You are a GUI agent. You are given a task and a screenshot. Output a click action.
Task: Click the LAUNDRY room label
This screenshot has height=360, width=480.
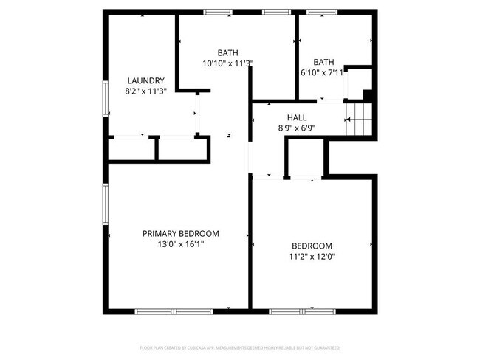145,81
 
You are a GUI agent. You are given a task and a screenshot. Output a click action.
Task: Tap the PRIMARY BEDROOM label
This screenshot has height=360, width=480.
180,233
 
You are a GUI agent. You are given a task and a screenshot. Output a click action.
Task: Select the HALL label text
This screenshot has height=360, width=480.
297,117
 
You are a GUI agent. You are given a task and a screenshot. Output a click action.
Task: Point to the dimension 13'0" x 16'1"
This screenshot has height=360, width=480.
180,243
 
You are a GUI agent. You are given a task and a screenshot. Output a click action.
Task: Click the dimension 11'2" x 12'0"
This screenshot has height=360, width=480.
312,256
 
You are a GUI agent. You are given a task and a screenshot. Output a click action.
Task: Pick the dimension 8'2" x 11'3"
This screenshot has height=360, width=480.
145,91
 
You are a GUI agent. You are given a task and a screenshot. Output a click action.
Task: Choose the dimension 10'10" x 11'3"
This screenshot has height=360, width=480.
227,63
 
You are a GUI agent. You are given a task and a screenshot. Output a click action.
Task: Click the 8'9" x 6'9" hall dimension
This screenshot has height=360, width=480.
297,128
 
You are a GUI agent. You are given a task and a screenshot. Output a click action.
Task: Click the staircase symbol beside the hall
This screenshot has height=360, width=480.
360,119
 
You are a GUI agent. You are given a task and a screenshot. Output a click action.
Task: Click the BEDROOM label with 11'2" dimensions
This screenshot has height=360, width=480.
312,246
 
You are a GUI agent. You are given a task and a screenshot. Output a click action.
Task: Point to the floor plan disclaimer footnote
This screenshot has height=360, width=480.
239,347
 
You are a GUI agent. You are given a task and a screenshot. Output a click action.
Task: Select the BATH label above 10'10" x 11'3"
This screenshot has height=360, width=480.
227,52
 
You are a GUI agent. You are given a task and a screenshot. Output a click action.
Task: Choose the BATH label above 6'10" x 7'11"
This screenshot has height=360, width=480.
323,62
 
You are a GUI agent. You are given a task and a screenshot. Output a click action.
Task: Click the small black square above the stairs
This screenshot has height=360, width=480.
367,94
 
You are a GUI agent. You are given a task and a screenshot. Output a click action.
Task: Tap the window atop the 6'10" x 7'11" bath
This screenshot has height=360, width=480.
323,12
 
